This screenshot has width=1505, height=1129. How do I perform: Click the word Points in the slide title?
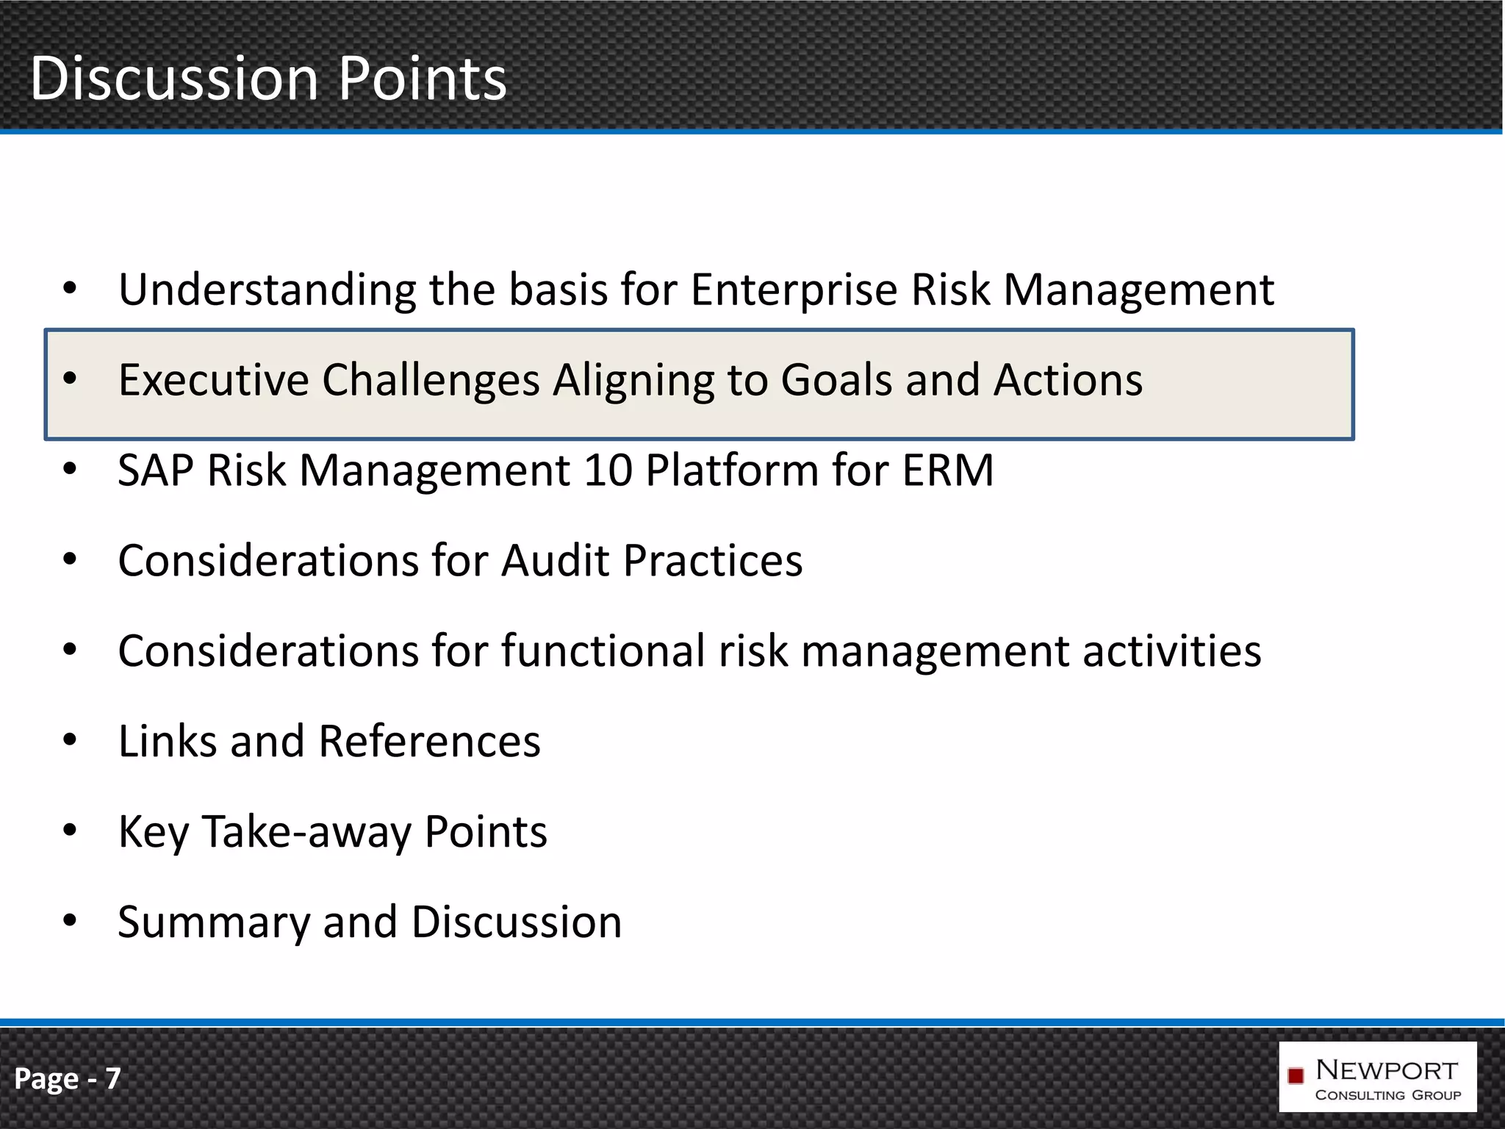423,79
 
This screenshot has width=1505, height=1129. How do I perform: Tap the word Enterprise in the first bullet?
794,290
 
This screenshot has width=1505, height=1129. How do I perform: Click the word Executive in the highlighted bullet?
214,380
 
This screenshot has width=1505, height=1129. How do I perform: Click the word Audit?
556,561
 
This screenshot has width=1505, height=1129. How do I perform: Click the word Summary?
214,923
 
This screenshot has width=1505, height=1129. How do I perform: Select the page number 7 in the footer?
112,1078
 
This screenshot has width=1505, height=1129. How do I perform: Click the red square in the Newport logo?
1296,1076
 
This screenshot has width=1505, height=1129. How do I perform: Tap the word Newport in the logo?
1387,1070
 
